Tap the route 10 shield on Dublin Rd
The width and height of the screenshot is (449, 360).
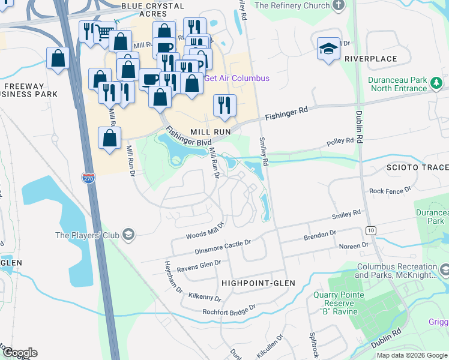coord(371,230)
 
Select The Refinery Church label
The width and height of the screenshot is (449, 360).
coord(292,5)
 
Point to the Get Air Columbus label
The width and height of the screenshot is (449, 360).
coord(237,78)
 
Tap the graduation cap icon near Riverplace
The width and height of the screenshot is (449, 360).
coord(328,50)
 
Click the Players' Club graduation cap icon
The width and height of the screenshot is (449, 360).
coord(128,235)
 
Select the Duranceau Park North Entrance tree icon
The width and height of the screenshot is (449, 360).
coord(438,88)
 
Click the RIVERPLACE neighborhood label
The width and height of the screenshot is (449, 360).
coord(371,59)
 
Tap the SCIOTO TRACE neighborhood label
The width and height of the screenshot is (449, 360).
coord(417,167)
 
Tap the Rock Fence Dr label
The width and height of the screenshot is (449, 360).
coord(390,191)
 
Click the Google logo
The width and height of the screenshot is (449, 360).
coord(20,353)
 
